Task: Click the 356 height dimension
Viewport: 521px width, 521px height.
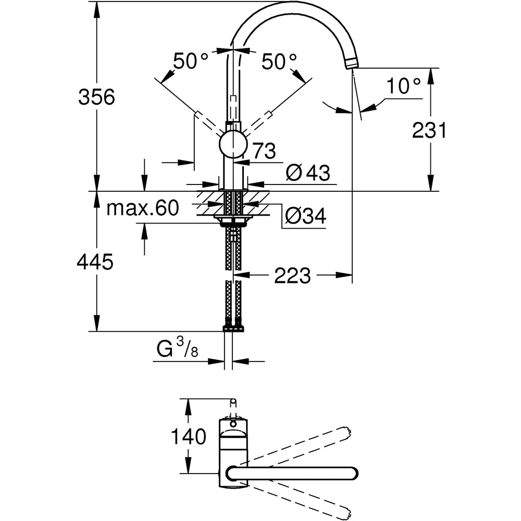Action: (96, 97)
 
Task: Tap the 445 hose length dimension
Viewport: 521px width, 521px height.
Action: (95, 263)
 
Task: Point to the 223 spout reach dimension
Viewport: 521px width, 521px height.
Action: (293, 276)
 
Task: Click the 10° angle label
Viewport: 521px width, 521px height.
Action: (403, 86)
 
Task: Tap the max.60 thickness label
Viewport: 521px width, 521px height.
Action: (142, 208)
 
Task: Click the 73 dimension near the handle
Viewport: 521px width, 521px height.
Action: (265, 151)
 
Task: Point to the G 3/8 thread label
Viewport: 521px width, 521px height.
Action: (178, 350)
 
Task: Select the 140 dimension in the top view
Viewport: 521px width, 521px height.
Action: (189, 437)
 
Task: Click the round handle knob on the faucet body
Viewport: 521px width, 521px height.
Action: (233, 144)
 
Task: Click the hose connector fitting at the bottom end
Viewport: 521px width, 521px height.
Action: (233, 328)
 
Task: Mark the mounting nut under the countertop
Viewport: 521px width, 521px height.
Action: (232, 221)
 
